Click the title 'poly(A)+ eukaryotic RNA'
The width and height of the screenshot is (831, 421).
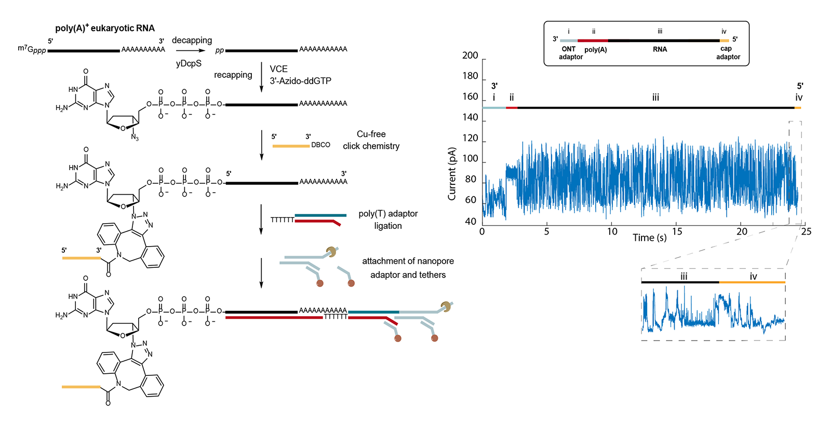105,28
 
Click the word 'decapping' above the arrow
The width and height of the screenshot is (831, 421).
192,40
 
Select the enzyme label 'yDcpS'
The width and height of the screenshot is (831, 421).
189,63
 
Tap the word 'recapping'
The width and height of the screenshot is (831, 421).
233,75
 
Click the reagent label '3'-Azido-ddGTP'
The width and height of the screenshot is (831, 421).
300,81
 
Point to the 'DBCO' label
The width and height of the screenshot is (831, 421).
320,145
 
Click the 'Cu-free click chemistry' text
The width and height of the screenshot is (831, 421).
371,140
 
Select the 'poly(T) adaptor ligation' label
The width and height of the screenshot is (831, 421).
388,220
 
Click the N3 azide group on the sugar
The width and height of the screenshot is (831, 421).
135,138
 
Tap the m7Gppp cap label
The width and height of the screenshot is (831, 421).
32,49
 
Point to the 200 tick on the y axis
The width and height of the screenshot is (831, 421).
470,56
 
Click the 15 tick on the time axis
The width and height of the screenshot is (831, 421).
677,232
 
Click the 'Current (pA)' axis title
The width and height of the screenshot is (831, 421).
452,174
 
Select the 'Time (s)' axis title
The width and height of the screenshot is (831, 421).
649,238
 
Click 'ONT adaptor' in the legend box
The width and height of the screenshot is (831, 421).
570,53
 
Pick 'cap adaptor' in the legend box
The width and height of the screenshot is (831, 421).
728,53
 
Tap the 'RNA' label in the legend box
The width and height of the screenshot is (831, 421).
660,49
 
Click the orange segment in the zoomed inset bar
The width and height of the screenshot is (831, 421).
752,282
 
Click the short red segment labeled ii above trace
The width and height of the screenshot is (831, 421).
512,107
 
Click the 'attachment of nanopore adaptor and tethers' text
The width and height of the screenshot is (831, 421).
408,268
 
